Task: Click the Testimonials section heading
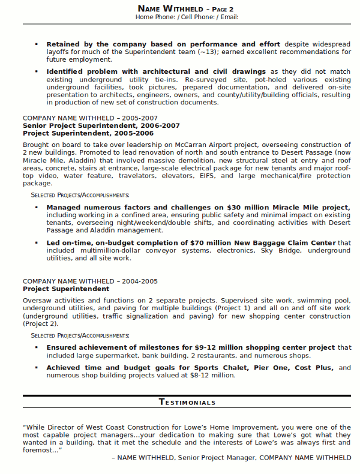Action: coord(187,402)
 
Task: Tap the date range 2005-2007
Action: coord(142,118)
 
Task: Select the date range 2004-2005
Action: coord(142,281)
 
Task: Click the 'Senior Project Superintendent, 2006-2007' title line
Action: coord(101,125)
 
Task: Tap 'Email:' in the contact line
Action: coord(229,17)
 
